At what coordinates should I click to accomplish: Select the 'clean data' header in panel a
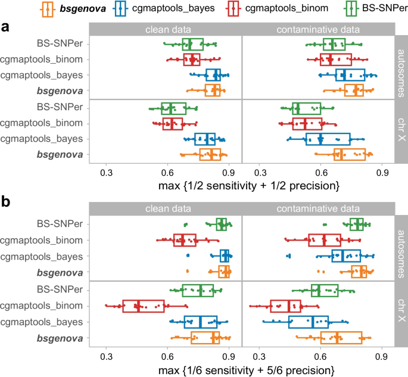[166, 29]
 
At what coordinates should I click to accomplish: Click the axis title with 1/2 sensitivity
[249, 187]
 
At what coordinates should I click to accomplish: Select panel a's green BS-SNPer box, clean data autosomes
[192, 44]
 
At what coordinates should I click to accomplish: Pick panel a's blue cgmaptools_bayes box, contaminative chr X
[328, 139]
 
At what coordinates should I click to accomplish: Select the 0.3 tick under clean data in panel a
[107, 173]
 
